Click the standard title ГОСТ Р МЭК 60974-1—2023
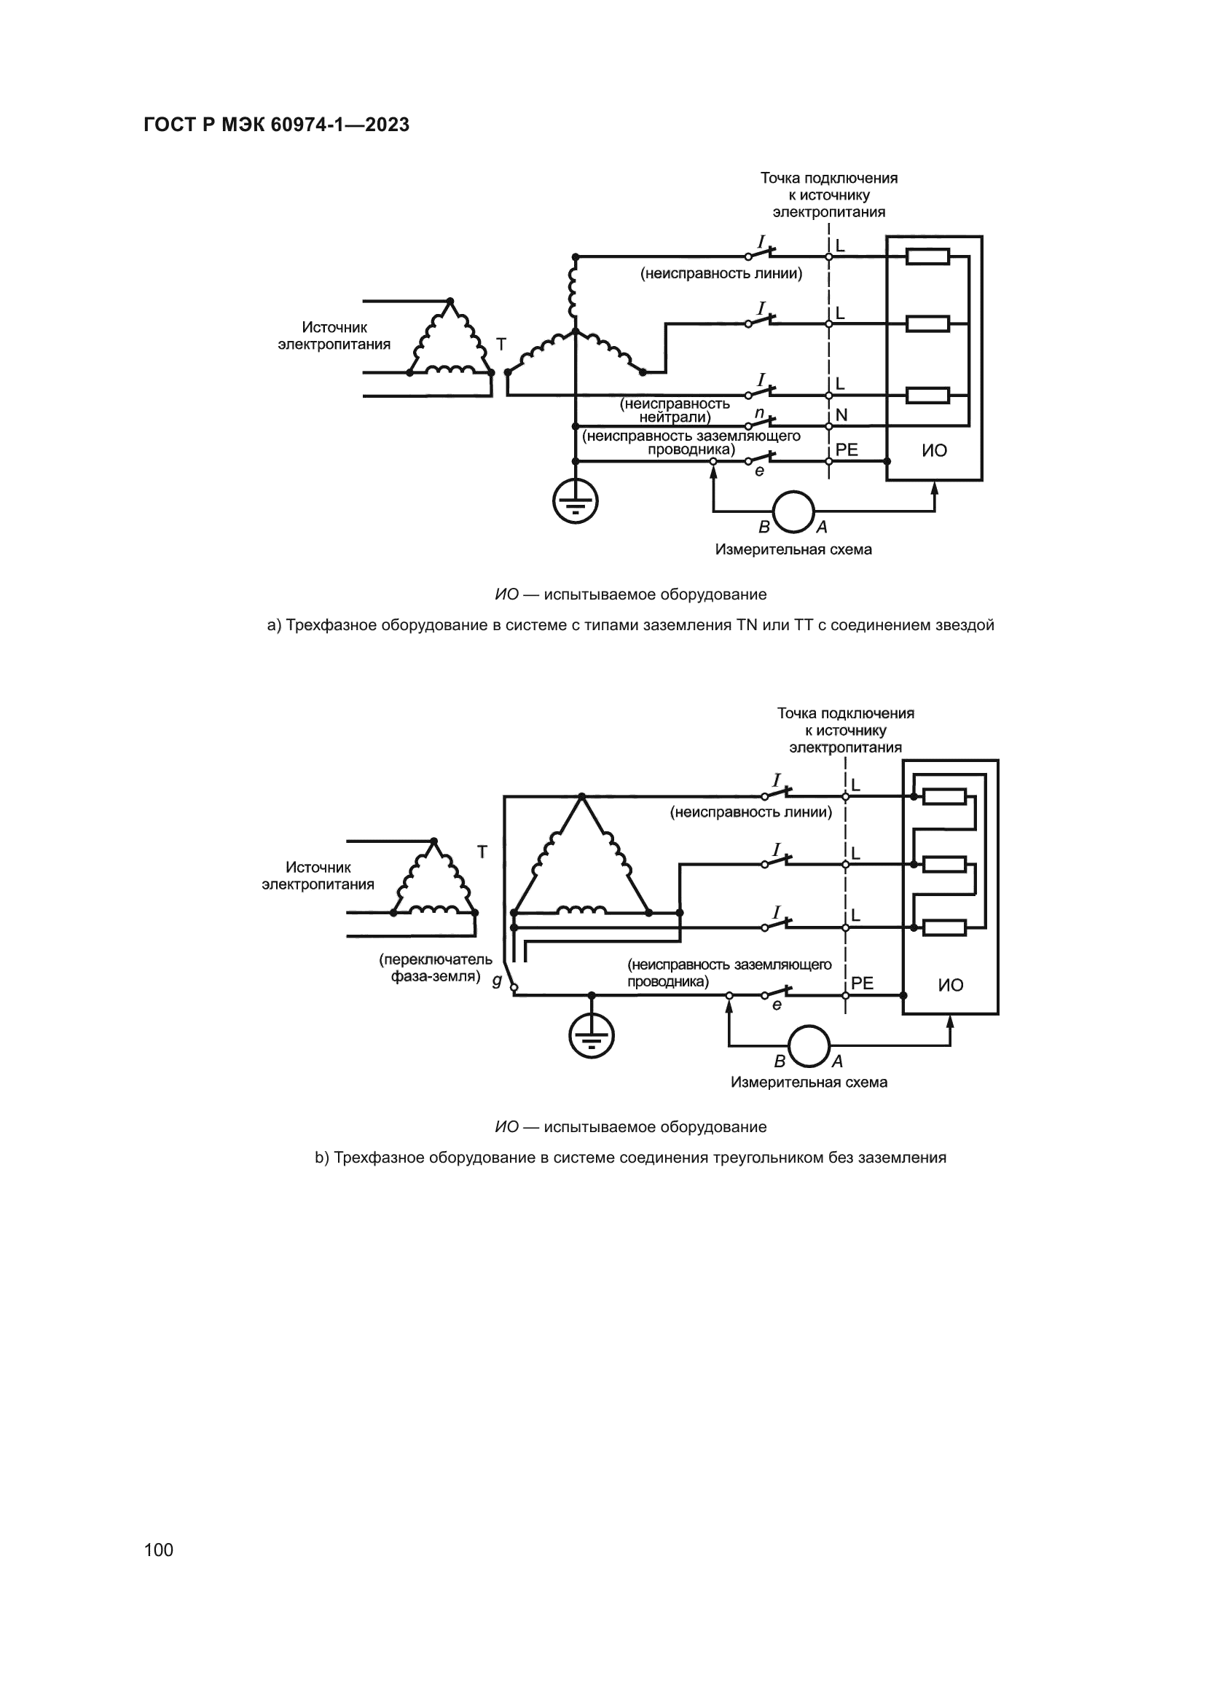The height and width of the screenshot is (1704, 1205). (x=276, y=125)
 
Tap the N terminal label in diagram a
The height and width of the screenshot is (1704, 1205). (x=841, y=415)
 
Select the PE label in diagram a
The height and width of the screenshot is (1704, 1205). (x=847, y=449)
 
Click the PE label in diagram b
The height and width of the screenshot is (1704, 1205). (x=862, y=983)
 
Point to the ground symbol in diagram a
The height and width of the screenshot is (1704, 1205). (x=575, y=503)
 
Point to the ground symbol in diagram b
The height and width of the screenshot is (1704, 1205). (x=592, y=1036)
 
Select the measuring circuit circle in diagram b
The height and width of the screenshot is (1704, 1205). (x=809, y=1045)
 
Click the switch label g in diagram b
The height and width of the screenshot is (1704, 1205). (x=496, y=981)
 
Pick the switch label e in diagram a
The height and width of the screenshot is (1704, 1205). (x=759, y=471)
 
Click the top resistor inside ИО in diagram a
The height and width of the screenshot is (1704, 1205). (x=927, y=256)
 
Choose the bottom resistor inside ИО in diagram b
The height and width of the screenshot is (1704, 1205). (x=943, y=927)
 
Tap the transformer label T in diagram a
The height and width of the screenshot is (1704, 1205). (x=501, y=345)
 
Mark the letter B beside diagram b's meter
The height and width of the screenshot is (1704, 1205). (x=780, y=1062)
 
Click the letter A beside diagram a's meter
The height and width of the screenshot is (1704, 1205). (x=822, y=527)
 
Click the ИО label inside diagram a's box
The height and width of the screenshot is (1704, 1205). (x=934, y=450)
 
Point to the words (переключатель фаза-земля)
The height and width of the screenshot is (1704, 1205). (x=436, y=967)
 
